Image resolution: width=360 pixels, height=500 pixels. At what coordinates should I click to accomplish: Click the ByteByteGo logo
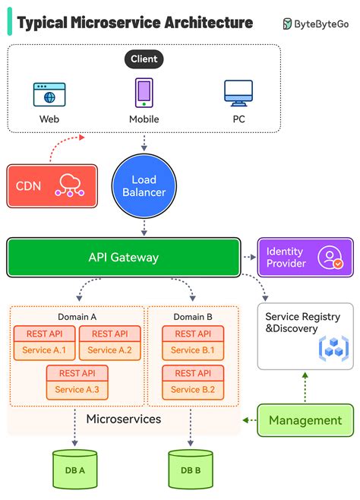click(x=317, y=24)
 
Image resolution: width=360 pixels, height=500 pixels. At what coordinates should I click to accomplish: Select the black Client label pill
click(x=144, y=59)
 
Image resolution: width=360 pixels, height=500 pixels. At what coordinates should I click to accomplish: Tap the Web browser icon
click(x=49, y=94)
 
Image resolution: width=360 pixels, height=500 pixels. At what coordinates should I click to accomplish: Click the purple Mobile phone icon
click(x=144, y=93)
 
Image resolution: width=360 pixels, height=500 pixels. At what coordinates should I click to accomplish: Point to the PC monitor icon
click(x=238, y=93)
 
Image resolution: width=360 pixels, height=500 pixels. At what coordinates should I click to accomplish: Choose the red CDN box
click(x=52, y=185)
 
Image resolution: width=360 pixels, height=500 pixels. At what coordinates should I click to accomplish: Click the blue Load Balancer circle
click(x=144, y=185)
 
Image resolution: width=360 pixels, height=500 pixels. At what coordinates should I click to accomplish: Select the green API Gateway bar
click(x=123, y=257)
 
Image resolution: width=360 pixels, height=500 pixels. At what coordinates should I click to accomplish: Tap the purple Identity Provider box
click(x=305, y=257)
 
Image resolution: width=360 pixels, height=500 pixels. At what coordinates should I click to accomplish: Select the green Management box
click(x=305, y=420)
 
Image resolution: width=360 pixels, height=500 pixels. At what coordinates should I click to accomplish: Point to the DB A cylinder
click(x=75, y=469)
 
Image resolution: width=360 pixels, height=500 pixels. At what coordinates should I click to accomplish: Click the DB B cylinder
click(x=190, y=469)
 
